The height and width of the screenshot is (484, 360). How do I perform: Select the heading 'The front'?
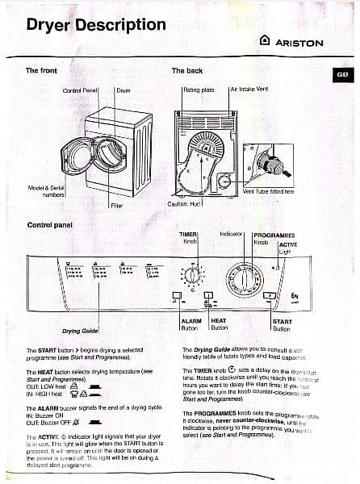point(41,70)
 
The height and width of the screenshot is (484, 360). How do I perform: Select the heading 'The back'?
point(187,70)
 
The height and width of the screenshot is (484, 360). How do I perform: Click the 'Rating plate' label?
point(198,90)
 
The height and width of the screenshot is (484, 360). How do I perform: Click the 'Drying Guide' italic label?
point(81,331)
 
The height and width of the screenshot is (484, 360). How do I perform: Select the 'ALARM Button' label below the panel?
point(191,324)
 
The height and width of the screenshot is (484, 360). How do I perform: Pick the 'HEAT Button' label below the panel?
point(220,324)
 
